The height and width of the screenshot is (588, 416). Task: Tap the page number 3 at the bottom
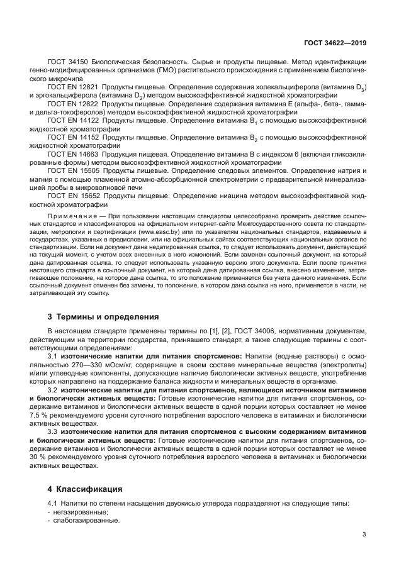click(x=364, y=535)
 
